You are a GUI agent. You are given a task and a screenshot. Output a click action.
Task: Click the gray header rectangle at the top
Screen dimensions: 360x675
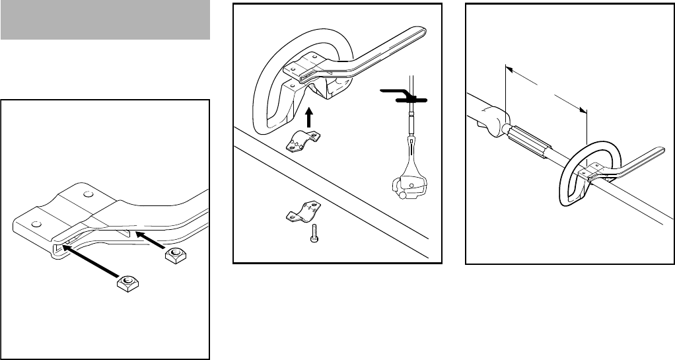point(105,20)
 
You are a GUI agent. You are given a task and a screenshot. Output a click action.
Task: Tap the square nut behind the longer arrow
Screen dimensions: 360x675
point(126,282)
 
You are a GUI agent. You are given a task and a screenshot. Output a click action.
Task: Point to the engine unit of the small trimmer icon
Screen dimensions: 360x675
point(409,184)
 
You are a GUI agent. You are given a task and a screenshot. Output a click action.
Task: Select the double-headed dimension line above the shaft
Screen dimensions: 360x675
point(546,87)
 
